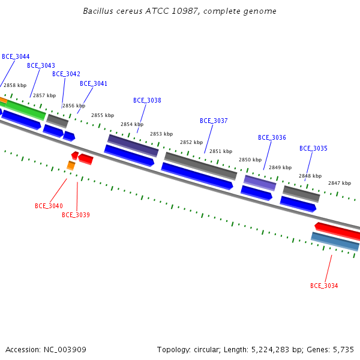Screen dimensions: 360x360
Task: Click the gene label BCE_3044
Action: (x=16, y=56)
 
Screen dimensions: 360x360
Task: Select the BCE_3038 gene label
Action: (x=147, y=100)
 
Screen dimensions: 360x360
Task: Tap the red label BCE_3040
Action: (x=49, y=206)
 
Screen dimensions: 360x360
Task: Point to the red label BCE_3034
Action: (x=324, y=286)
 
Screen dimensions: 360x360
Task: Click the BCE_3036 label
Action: (x=272, y=137)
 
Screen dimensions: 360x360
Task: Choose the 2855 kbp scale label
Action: (x=103, y=115)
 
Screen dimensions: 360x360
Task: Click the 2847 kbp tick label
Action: (x=340, y=183)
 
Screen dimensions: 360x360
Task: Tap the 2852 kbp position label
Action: (x=191, y=142)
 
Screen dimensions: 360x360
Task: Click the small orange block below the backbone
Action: (x=71, y=166)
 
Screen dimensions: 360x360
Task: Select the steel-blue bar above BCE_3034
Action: (x=335, y=242)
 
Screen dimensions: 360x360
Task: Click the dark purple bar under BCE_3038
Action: (x=133, y=146)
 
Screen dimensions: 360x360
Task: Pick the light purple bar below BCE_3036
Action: (x=260, y=183)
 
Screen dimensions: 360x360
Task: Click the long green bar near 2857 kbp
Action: (x=25, y=110)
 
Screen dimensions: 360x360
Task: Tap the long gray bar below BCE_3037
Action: (x=200, y=166)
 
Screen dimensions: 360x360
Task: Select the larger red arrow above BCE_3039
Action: (x=86, y=159)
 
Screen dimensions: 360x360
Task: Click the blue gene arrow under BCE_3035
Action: (x=298, y=204)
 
